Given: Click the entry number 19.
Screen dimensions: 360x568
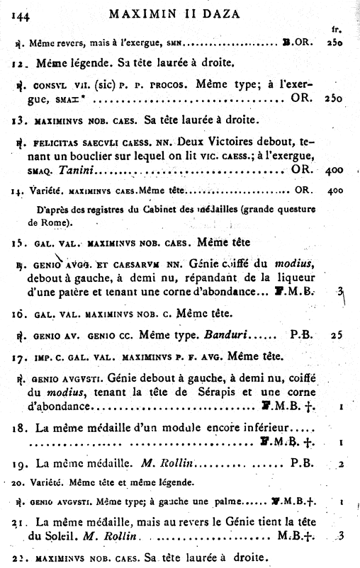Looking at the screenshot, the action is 20,465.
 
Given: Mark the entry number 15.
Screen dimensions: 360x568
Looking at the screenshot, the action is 18,243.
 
